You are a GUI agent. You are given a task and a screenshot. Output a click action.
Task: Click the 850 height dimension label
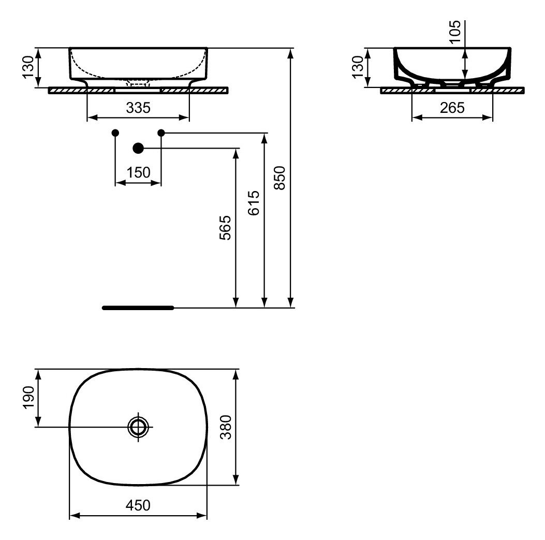coord(279,178)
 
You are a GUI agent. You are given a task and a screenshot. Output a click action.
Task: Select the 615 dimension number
coord(253,203)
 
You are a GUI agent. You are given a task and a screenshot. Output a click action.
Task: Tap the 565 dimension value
coord(224,228)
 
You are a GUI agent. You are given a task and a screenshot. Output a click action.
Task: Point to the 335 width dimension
coord(138,108)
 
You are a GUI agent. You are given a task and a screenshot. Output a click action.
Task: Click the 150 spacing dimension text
coord(138,172)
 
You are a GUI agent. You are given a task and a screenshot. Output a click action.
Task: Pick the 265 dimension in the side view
coord(452,108)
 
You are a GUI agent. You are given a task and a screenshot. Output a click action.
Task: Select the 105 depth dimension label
coord(455,33)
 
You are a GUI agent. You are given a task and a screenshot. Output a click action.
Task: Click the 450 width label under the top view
coord(138,505)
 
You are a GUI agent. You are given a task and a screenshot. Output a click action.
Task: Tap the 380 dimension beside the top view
coord(224,427)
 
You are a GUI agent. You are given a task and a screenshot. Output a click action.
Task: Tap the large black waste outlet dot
coord(138,149)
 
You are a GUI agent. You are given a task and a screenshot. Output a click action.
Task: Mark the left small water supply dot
coord(115,133)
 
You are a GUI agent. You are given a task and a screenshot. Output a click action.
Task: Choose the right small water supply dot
coord(161,133)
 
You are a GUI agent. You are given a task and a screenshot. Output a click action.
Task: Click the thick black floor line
coord(138,308)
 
